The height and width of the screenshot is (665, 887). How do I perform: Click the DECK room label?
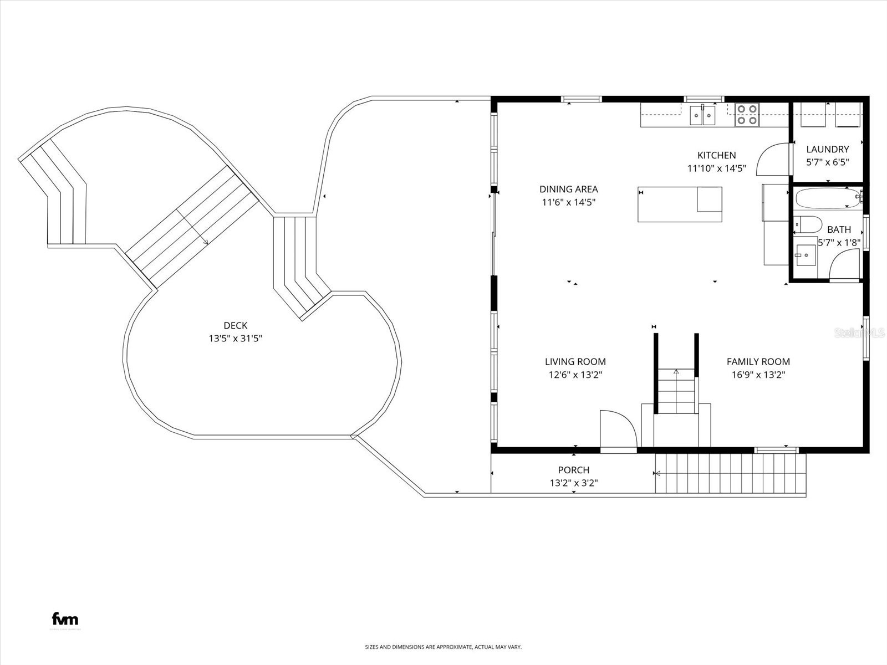click(235, 326)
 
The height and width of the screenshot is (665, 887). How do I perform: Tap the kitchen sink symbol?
click(702, 116)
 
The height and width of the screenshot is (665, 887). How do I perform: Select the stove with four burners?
click(747, 115)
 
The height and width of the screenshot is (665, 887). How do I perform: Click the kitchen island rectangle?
click(680, 204)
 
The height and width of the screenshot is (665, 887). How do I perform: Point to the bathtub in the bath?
click(826, 198)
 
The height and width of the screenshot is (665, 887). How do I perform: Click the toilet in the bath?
click(807, 224)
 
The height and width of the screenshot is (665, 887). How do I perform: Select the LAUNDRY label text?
click(827, 149)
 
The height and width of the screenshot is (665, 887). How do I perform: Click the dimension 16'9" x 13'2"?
click(758, 375)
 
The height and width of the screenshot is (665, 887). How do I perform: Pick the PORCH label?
click(573, 470)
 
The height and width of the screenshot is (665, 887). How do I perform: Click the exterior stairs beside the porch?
click(730, 473)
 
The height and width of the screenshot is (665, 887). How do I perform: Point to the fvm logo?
click(65, 619)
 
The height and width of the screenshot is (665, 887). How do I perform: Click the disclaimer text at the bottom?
click(443, 647)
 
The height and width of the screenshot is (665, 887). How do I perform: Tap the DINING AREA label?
click(568, 189)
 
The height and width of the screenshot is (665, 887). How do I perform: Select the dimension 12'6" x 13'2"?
click(575, 375)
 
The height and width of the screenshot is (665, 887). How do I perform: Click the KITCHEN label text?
click(716, 155)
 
